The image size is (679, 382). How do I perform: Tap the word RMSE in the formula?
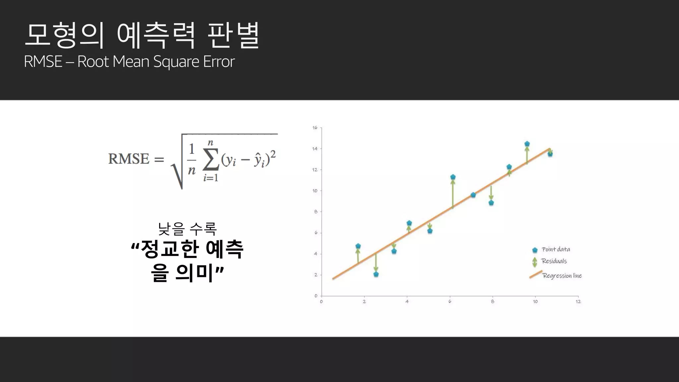point(129,159)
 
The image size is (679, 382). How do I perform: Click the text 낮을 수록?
point(187,228)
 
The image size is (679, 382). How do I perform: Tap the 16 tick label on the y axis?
point(315,128)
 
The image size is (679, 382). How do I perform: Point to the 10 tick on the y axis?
point(315,191)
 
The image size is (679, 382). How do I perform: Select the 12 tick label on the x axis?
point(578,301)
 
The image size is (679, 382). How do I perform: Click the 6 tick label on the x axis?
point(450,301)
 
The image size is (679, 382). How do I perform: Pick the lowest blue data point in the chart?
point(376,274)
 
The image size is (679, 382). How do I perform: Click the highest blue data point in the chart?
point(527,144)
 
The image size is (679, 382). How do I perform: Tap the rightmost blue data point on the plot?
point(550,154)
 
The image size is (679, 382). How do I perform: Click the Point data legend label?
point(556,249)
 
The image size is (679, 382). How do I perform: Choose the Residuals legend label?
point(554,261)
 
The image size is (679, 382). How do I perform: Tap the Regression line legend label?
point(562,276)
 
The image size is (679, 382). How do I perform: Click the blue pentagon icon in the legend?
point(535,250)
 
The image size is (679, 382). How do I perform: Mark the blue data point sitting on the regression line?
point(473,195)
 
